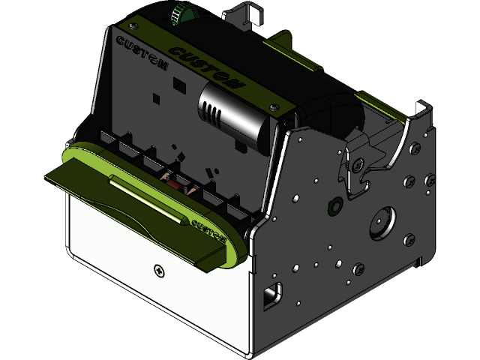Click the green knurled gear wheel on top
[x=178, y=13]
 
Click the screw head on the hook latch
[x=359, y=163]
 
